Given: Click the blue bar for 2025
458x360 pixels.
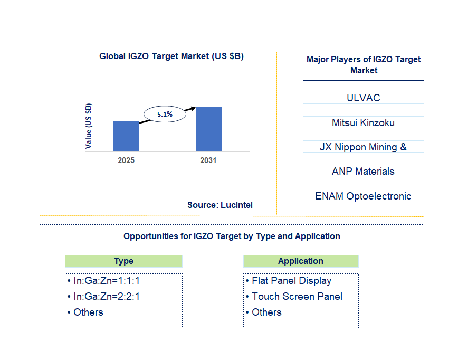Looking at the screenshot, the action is click(x=126, y=137).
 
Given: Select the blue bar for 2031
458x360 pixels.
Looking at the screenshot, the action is click(x=208, y=129).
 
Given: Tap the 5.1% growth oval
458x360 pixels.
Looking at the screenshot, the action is click(x=165, y=114).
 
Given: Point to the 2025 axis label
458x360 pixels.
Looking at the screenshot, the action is click(x=126, y=160).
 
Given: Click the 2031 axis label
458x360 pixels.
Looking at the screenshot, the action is click(x=208, y=160).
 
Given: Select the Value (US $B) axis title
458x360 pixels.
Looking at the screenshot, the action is click(x=88, y=126).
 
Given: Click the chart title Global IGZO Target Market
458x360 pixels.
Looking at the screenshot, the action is click(x=171, y=56).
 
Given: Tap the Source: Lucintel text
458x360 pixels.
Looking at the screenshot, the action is click(x=220, y=205).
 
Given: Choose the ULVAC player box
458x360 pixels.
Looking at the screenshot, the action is click(x=364, y=98).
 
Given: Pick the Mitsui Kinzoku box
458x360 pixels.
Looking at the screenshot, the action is click(x=364, y=122).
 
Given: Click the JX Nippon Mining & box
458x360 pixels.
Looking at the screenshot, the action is click(x=364, y=147).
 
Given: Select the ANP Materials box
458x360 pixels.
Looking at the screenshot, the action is click(x=364, y=171).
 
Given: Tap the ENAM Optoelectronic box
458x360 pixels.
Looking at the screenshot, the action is click(x=364, y=196).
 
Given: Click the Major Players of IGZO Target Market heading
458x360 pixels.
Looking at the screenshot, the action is click(x=364, y=65).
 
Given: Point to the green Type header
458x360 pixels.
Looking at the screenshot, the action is click(x=123, y=261).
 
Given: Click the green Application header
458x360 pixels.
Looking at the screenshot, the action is click(x=301, y=261).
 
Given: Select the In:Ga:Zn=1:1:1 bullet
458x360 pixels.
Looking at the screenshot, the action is click(x=104, y=280).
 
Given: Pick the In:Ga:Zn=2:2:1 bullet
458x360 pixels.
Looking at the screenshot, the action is click(x=104, y=296).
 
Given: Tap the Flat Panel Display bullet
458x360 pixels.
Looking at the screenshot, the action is click(x=289, y=281).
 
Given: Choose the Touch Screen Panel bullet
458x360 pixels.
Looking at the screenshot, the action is click(x=294, y=296).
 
